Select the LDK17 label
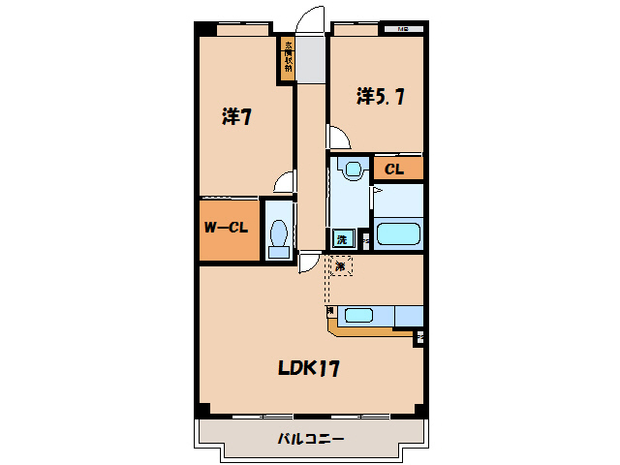point(308,368)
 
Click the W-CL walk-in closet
point(229,230)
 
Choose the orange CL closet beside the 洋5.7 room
point(397,170)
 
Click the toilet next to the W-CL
point(279,234)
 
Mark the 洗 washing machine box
point(342,238)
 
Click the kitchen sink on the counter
point(359,314)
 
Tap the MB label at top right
point(402,30)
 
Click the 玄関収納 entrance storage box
point(288,58)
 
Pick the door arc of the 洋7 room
point(284,181)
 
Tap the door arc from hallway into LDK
point(309,260)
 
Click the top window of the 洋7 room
point(242,30)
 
